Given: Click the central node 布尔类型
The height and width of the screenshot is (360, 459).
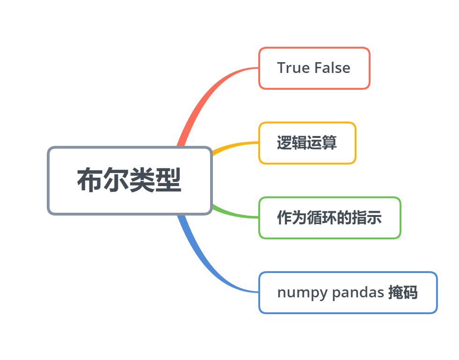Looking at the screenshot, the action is point(130,181).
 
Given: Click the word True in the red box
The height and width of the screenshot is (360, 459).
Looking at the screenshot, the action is point(293,68).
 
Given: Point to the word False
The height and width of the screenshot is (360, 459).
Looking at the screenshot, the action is point(332,68).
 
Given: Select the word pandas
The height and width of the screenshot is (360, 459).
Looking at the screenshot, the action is point(358,293).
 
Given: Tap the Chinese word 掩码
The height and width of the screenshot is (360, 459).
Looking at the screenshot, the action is point(403,293).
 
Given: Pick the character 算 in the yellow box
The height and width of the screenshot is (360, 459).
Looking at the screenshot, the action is point(329,143).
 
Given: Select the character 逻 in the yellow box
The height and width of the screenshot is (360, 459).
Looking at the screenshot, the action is point(284,143).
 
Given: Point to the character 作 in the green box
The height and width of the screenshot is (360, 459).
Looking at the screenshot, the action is point(284,218).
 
